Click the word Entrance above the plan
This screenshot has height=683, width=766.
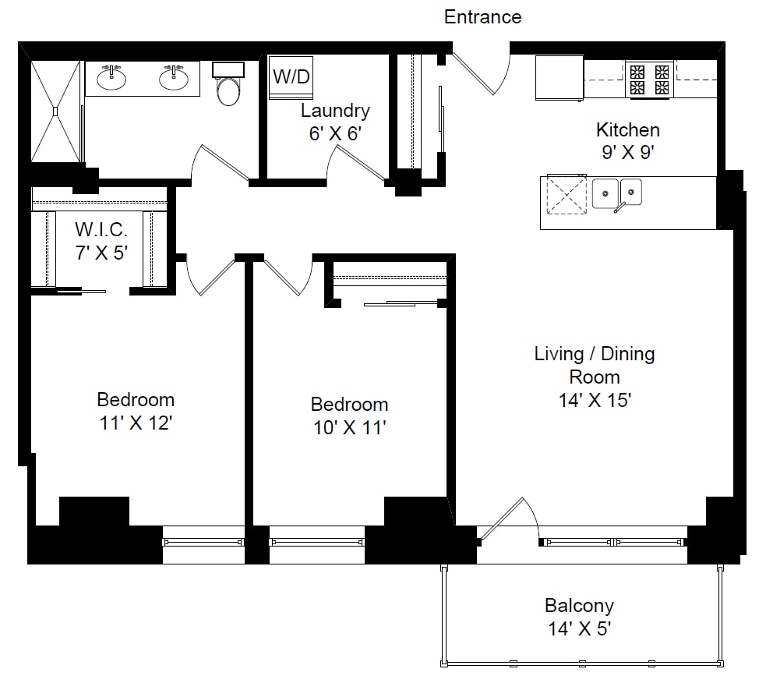[x=482, y=17]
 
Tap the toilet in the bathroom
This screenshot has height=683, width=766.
[x=228, y=83]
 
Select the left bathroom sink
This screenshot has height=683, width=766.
[x=111, y=77]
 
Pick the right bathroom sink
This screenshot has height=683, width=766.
[x=174, y=77]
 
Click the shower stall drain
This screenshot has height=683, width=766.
[x=55, y=111]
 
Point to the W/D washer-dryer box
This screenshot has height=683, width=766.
[x=291, y=77]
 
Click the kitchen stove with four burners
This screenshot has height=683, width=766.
[x=649, y=80]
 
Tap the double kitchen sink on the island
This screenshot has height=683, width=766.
[x=617, y=194]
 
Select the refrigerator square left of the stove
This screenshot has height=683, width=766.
[x=559, y=78]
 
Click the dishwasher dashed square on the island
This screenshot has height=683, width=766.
[x=567, y=194]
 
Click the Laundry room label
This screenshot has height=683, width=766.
[x=335, y=111]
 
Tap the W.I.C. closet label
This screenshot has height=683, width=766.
[x=101, y=229]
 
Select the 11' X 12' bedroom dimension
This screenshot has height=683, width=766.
[x=136, y=423]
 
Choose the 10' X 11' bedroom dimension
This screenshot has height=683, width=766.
[x=350, y=427]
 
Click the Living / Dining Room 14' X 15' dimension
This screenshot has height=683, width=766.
[x=595, y=400]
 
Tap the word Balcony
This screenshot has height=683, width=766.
[x=580, y=606]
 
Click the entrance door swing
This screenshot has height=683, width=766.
[x=482, y=73]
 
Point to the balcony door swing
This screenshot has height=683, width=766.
[x=508, y=518]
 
